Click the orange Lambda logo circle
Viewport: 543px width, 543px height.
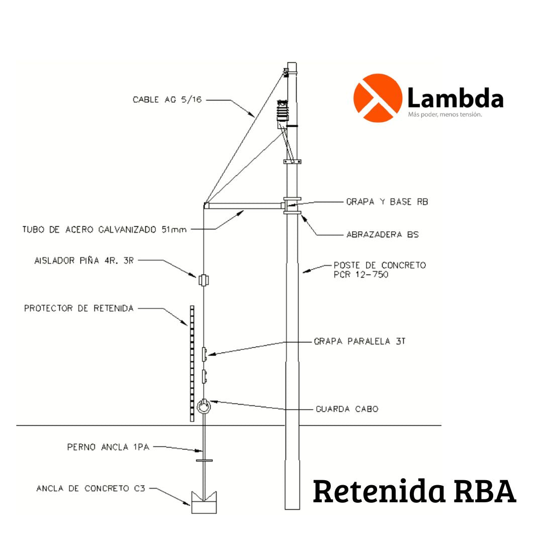(x=378, y=98)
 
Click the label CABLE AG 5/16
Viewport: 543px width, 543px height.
(x=168, y=100)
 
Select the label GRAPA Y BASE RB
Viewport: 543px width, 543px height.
(x=387, y=202)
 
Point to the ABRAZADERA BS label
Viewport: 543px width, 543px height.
(x=383, y=234)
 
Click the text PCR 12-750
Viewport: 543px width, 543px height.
(x=361, y=275)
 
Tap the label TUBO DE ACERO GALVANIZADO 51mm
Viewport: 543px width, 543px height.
(x=105, y=230)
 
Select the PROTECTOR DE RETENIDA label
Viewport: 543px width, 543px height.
(x=79, y=308)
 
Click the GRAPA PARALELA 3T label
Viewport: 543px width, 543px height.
(x=359, y=341)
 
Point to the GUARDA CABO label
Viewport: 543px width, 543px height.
(x=347, y=409)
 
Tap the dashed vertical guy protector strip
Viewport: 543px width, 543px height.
(x=192, y=362)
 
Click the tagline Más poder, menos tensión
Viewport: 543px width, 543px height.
(x=445, y=115)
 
